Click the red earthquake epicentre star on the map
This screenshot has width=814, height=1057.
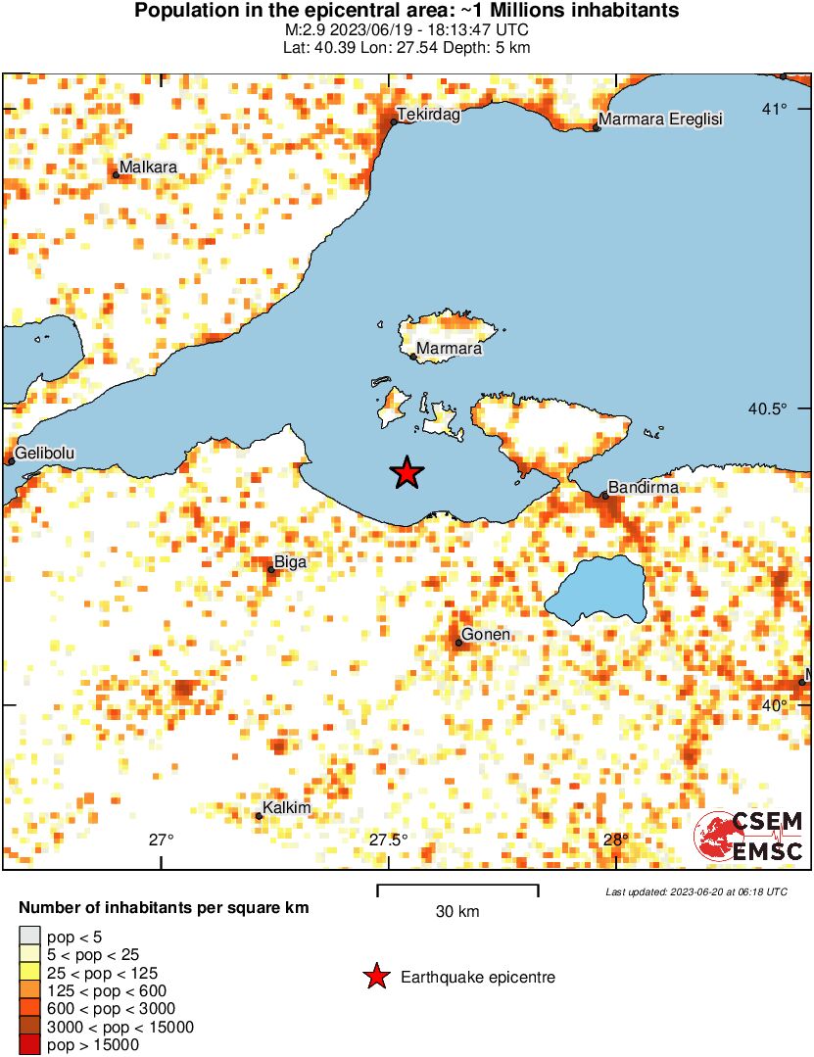click(x=407, y=473)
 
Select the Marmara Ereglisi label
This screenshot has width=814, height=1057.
click(x=660, y=119)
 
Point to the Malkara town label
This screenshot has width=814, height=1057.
click(x=148, y=168)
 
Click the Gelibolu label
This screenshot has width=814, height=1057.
click(x=45, y=453)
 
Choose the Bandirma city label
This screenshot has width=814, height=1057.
click(x=643, y=487)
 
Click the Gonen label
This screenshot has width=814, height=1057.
click(x=485, y=635)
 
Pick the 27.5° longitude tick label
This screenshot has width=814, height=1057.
click(x=388, y=840)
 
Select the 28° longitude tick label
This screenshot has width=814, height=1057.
click(x=615, y=840)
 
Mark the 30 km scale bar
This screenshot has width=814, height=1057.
click(x=457, y=890)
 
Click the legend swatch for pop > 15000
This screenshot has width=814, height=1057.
click(x=30, y=1045)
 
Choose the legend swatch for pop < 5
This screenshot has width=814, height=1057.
click(x=30, y=937)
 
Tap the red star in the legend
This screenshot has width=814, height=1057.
click(x=375, y=977)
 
